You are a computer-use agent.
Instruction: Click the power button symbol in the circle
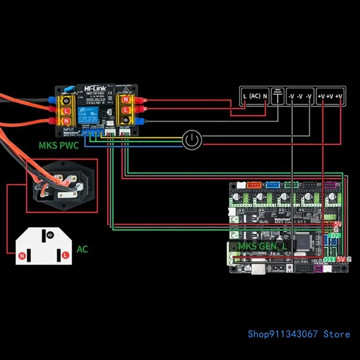pyautogui.click(x=192, y=140)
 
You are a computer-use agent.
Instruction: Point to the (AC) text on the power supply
pyautogui.click(x=255, y=96)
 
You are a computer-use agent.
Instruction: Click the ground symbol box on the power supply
pyautogui.click(x=279, y=95)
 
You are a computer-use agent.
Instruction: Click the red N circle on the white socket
pyautogui.click(x=22, y=256)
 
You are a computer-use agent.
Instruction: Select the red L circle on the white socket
pyautogui.click(x=66, y=255)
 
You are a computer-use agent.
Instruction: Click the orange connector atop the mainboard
pyautogui.click(x=254, y=184)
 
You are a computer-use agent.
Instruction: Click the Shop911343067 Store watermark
pyautogui.click(x=299, y=334)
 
